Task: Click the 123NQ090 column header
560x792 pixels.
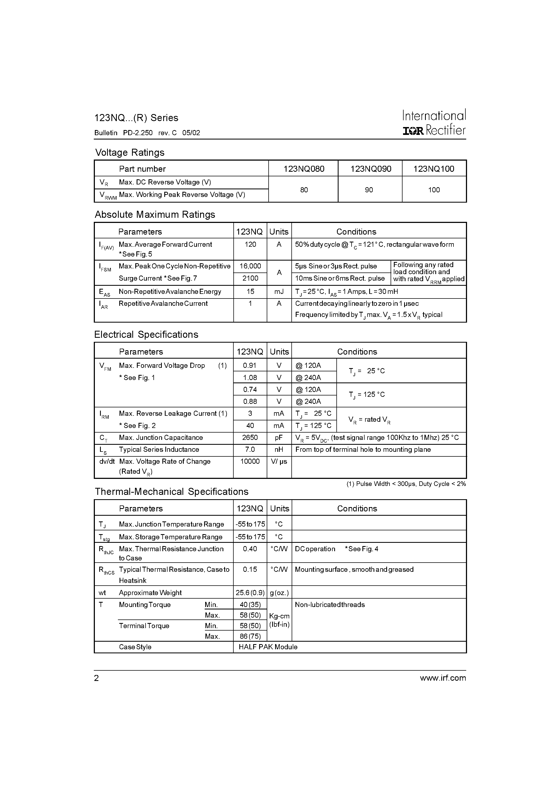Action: click(371, 169)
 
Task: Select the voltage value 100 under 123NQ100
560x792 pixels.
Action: click(434, 190)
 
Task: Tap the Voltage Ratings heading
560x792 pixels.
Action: click(130, 152)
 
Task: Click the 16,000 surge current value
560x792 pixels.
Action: click(250, 266)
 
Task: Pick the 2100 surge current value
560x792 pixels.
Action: click(250, 278)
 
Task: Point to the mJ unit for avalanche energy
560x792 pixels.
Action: click(279, 291)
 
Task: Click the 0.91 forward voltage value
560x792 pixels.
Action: click(250, 365)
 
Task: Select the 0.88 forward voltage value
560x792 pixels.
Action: click(250, 401)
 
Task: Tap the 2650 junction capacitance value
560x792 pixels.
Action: click(250, 437)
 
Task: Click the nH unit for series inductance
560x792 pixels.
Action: click(279, 449)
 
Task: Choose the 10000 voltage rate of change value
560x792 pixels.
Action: click(250, 461)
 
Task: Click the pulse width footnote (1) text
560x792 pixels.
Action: click(406, 484)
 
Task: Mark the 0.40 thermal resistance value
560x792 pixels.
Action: click(250, 549)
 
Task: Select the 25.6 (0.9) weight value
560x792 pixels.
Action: click(250, 593)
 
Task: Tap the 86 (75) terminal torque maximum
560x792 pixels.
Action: click(250, 636)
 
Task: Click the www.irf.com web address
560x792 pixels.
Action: click(443, 678)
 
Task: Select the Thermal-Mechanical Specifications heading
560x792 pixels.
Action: click(171, 492)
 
